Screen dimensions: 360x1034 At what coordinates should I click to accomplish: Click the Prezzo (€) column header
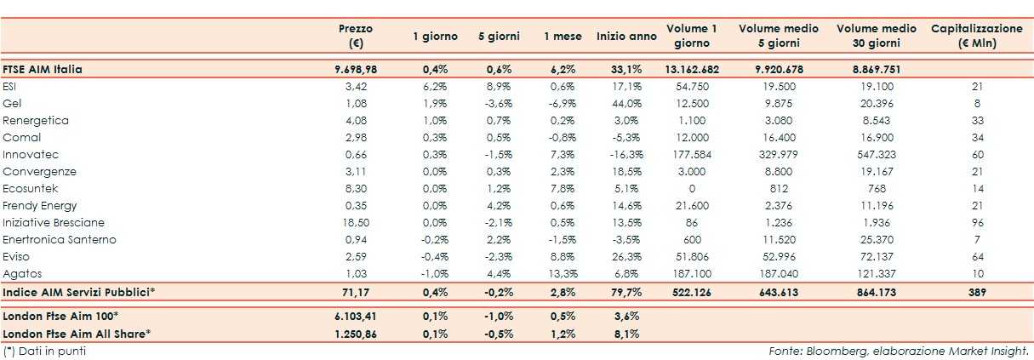coord(355,36)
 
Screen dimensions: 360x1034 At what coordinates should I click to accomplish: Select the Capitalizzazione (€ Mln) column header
coord(976,36)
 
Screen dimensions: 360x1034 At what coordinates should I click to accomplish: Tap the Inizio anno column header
coord(626,37)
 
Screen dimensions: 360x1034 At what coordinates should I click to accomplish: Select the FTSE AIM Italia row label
coord(43,69)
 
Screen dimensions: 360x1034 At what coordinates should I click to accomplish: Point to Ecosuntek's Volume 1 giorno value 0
coord(691,189)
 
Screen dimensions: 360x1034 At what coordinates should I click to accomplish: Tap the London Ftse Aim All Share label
coord(77,333)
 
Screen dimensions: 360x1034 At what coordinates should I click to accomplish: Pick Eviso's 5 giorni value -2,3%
coord(500,257)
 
